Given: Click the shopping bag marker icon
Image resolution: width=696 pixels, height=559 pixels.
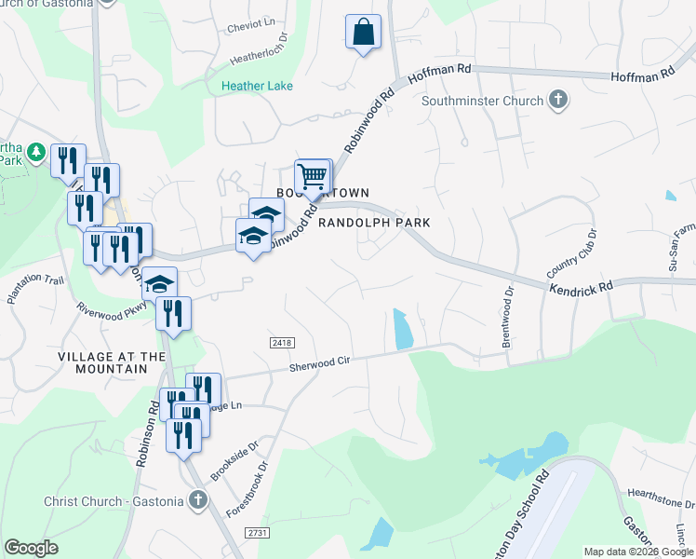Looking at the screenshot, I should point(363,32).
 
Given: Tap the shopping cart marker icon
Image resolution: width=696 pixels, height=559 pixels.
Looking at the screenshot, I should point(313,175).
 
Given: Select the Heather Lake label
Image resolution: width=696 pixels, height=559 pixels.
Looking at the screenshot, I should point(257,87).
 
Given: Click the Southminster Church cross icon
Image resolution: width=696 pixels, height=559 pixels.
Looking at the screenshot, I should point(558,101).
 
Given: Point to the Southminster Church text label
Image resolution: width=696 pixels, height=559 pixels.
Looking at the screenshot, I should point(483,101).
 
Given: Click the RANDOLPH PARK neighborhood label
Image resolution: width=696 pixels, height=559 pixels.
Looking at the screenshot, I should point(373,224).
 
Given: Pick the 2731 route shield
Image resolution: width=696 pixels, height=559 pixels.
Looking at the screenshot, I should point(258,531).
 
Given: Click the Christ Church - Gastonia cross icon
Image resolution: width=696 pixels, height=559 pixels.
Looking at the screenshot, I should point(197,501).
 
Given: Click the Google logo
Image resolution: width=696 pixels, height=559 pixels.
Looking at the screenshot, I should point(31,548).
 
